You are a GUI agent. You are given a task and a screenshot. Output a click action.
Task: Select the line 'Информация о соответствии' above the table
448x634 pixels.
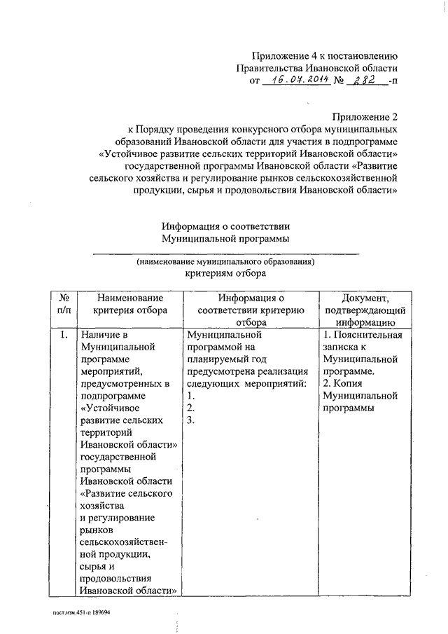(x=225, y=226)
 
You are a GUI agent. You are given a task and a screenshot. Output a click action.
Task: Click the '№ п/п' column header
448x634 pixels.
(x=64, y=305)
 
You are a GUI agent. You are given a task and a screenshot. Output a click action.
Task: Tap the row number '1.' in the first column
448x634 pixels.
(x=63, y=335)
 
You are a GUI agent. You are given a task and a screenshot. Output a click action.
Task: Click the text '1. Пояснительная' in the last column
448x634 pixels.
(x=362, y=335)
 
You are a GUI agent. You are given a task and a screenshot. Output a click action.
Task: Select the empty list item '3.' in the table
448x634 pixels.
(x=190, y=420)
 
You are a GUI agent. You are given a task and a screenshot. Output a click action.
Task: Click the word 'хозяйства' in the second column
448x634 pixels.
(x=102, y=505)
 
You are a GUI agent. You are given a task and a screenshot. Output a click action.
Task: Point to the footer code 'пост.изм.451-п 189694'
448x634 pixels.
(x=86, y=612)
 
